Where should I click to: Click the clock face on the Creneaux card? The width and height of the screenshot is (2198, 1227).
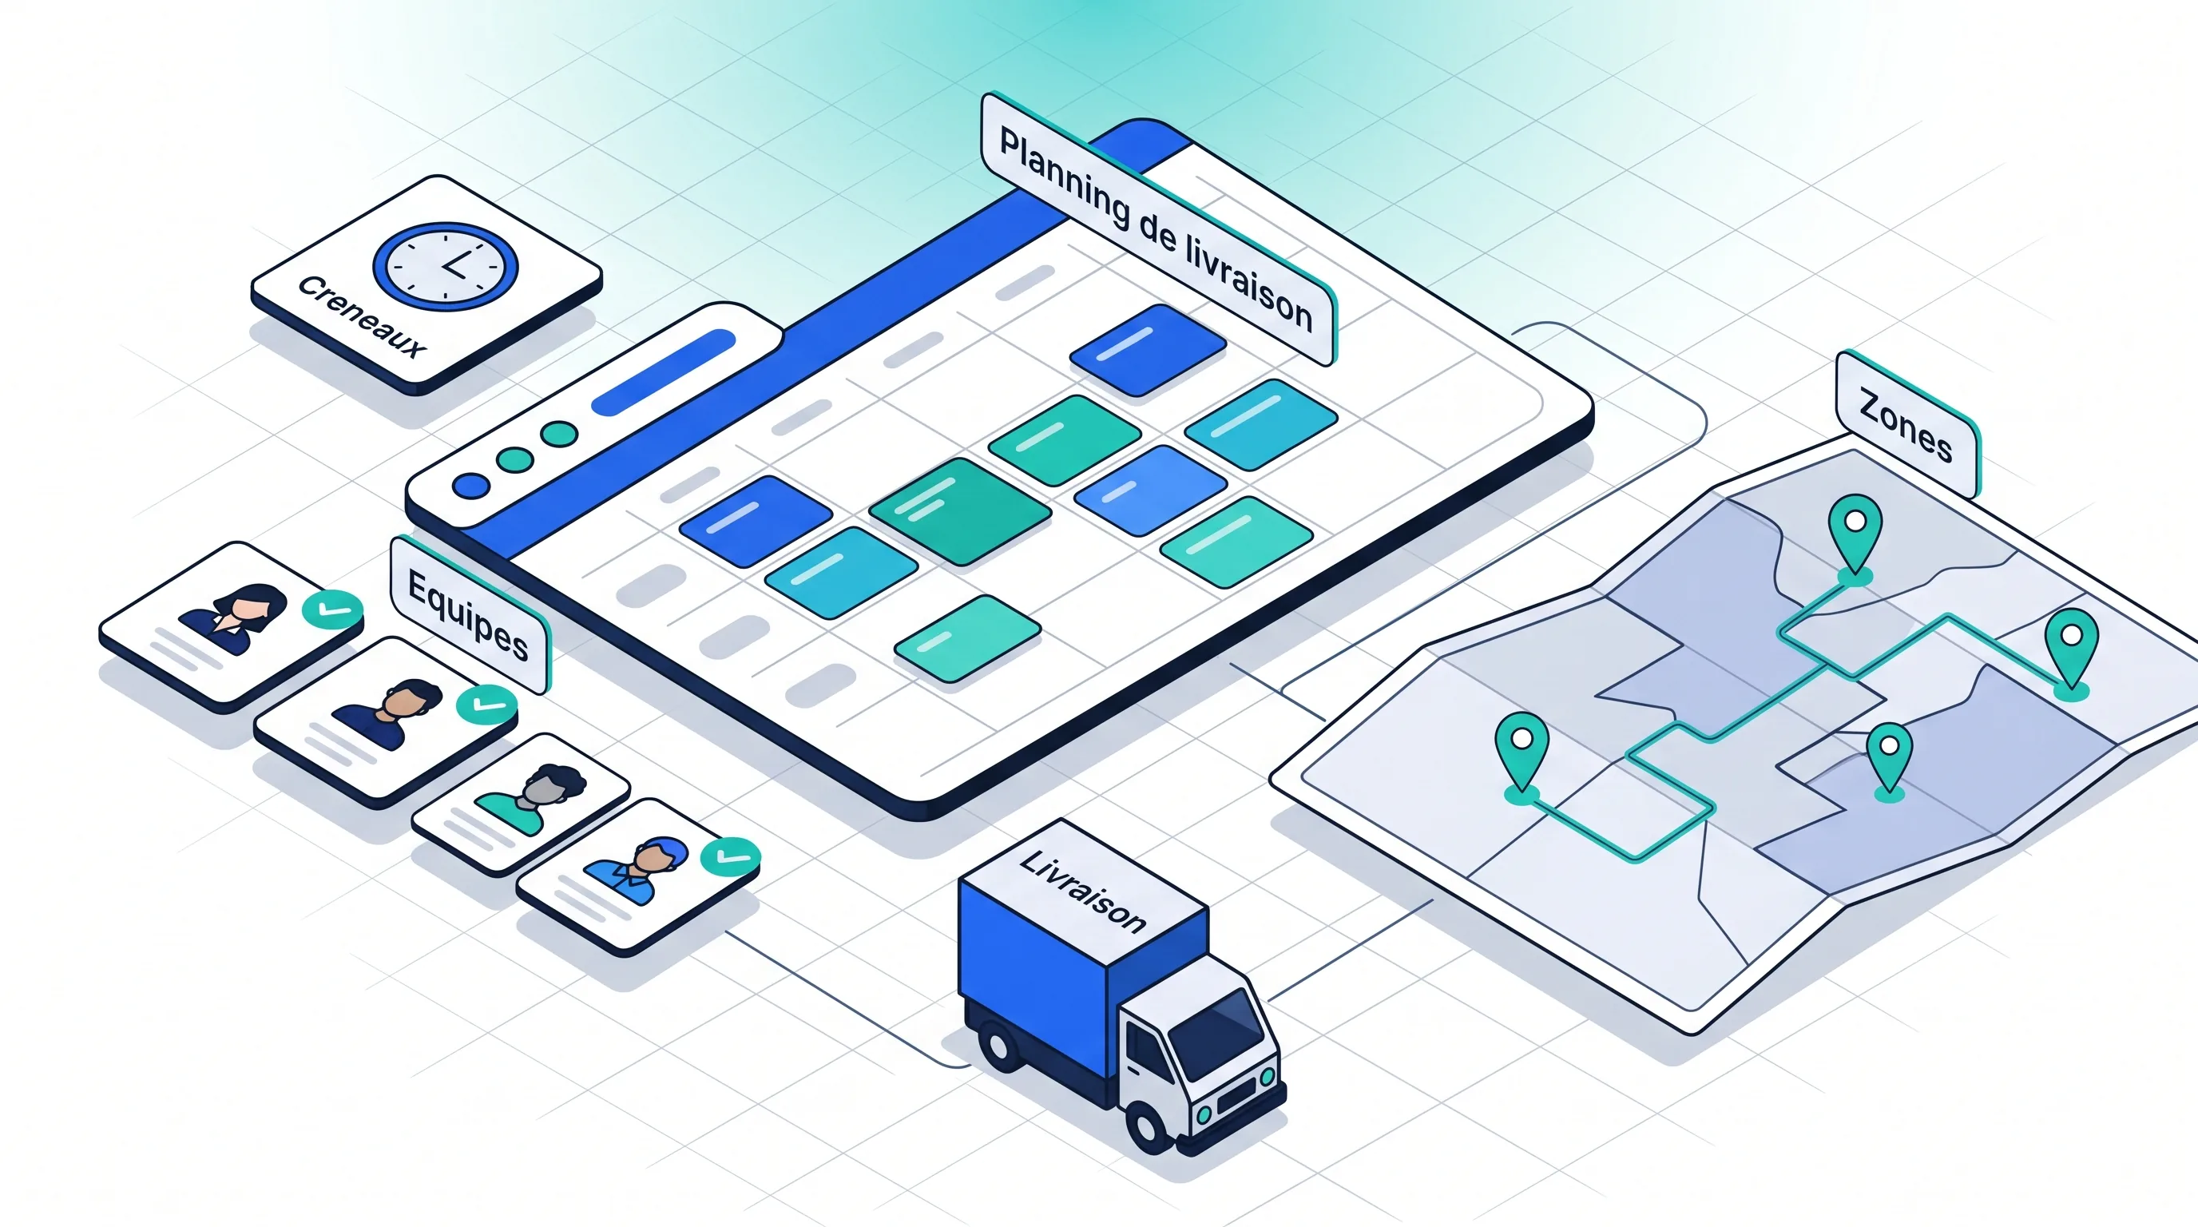point(446,265)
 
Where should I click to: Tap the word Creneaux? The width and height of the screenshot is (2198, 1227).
point(361,317)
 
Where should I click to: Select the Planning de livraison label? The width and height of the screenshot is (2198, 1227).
point(1157,228)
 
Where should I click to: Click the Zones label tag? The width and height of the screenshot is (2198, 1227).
point(1906,424)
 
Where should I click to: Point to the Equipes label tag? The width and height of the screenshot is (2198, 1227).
point(469,614)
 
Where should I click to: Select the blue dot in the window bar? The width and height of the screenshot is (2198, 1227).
point(471,486)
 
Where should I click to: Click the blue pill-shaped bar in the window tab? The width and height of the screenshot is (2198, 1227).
point(663,372)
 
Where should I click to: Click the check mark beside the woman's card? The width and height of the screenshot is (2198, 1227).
point(332,610)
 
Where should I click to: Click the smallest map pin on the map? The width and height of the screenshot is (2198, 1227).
point(1889,760)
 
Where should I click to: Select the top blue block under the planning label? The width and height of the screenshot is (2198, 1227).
point(1148,350)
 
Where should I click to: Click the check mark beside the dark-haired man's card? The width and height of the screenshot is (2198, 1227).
point(486,705)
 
